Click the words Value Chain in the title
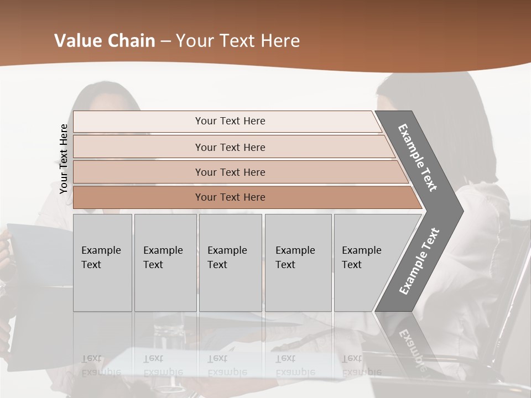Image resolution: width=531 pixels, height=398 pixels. (105, 41)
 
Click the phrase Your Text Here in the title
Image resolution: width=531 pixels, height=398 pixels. (238, 41)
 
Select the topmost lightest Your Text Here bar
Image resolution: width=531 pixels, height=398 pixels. (230, 121)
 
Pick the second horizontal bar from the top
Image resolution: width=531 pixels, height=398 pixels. (230, 147)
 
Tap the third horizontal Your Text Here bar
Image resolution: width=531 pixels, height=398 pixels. (230, 172)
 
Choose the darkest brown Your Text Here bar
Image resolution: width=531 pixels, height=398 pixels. (230, 197)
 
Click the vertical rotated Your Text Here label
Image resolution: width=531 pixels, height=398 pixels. (64, 159)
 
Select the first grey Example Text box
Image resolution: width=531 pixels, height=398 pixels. (102, 263)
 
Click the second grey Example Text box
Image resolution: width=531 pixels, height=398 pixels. (165, 263)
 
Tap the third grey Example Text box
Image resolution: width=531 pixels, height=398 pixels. (230, 263)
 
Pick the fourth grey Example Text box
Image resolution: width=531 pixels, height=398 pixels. (298, 263)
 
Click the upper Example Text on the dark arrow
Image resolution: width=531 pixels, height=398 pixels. (418, 158)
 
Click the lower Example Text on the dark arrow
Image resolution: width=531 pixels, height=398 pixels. (419, 261)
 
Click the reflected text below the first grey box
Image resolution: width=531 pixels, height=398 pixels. (101, 366)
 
